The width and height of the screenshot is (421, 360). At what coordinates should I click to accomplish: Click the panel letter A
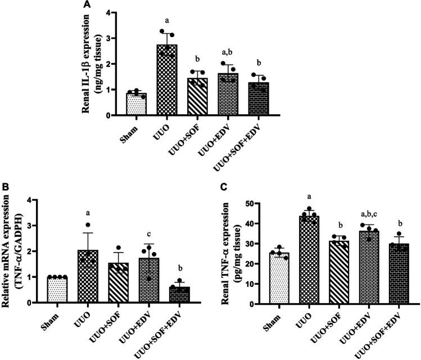87,4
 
